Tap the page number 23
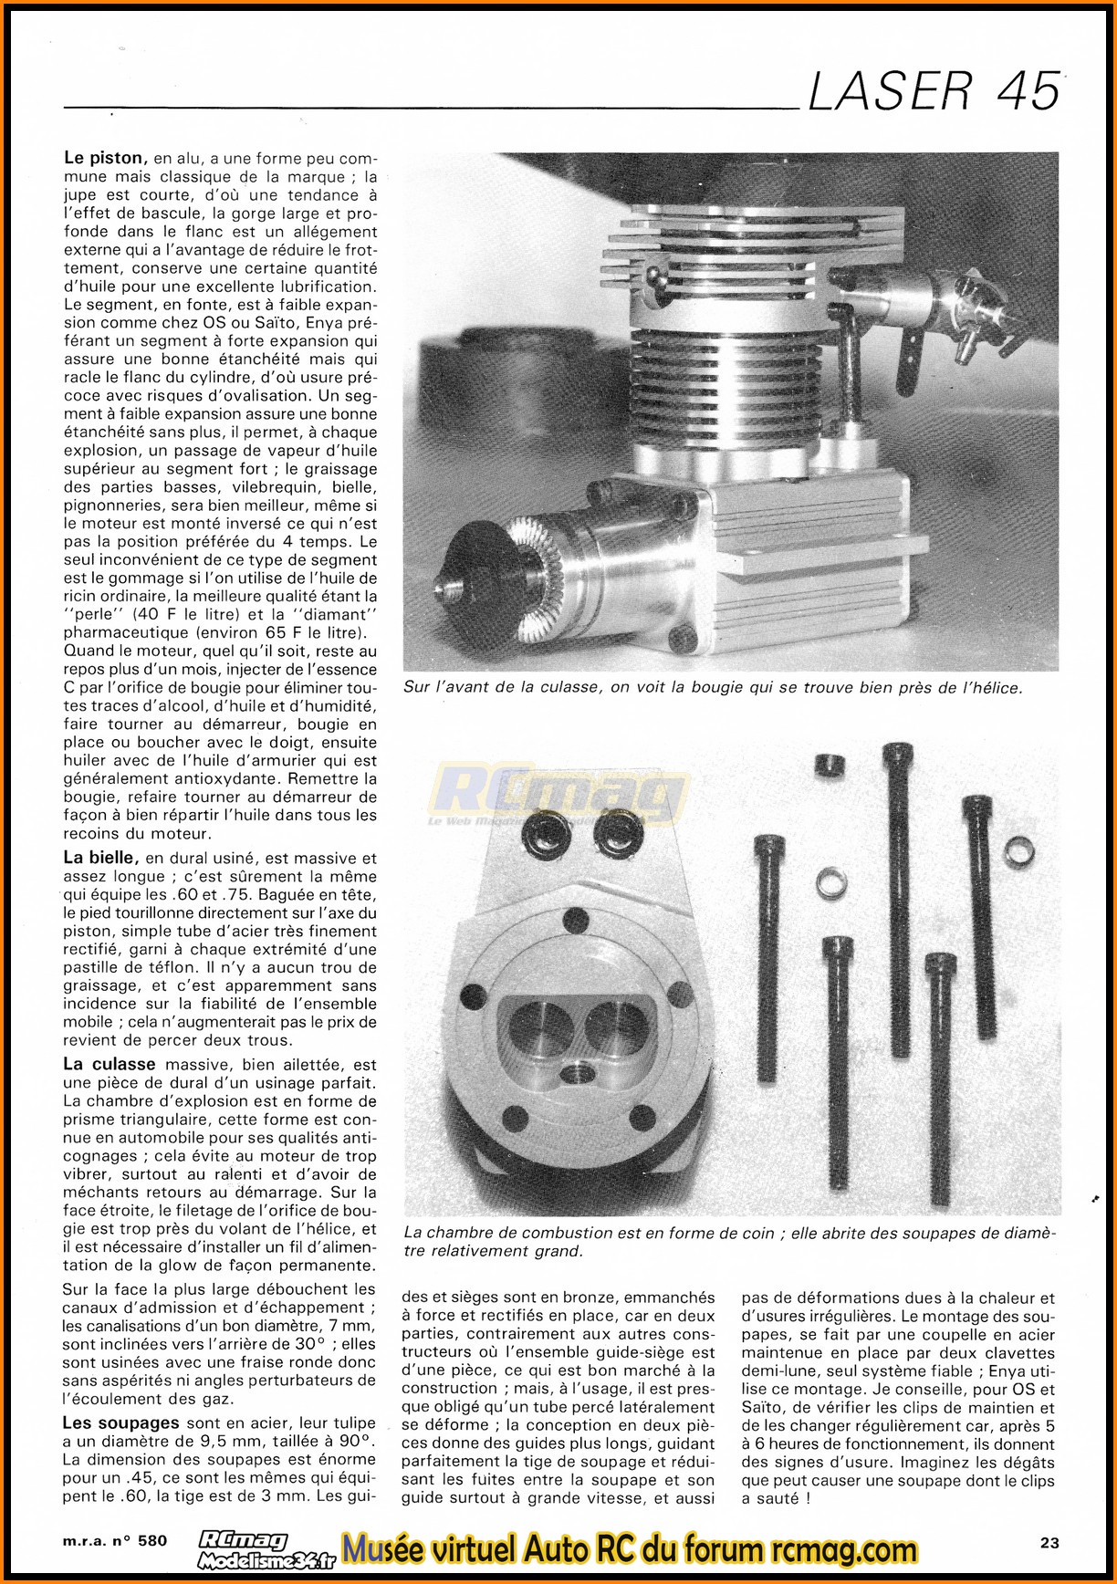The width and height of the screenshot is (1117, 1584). [x=1049, y=1543]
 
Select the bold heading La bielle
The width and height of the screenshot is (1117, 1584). [x=100, y=858]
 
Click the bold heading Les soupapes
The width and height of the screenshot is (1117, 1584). [x=120, y=1422]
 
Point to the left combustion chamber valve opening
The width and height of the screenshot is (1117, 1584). [x=538, y=1027]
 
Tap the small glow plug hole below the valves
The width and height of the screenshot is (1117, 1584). [x=578, y=1071]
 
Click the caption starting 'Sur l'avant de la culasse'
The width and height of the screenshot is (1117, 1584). [x=713, y=687]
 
